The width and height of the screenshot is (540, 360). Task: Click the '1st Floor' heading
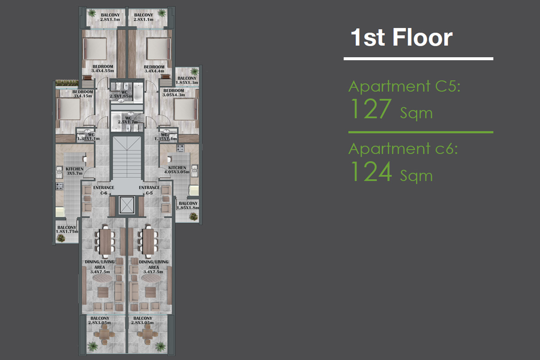point(401,37)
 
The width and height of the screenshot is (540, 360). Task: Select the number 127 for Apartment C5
point(371,109)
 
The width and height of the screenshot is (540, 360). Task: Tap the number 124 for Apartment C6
point(371,171)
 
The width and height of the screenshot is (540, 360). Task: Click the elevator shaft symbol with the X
point(127,205)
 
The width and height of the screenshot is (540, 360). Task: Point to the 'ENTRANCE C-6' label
point(103,190)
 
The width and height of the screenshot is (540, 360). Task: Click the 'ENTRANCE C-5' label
point(149,190)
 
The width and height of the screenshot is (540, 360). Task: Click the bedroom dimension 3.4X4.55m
point(103,71)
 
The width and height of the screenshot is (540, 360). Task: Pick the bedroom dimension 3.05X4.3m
point(174,95)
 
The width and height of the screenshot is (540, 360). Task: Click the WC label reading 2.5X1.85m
point(121,96)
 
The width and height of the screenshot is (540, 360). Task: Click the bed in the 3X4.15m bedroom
point(68,109)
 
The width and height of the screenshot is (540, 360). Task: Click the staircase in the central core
point(127,157)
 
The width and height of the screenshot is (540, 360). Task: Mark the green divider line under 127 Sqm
point(421,132)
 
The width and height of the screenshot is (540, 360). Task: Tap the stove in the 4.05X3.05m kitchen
point(180,148)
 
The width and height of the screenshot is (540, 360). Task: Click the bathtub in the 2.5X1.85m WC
point(138,92)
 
